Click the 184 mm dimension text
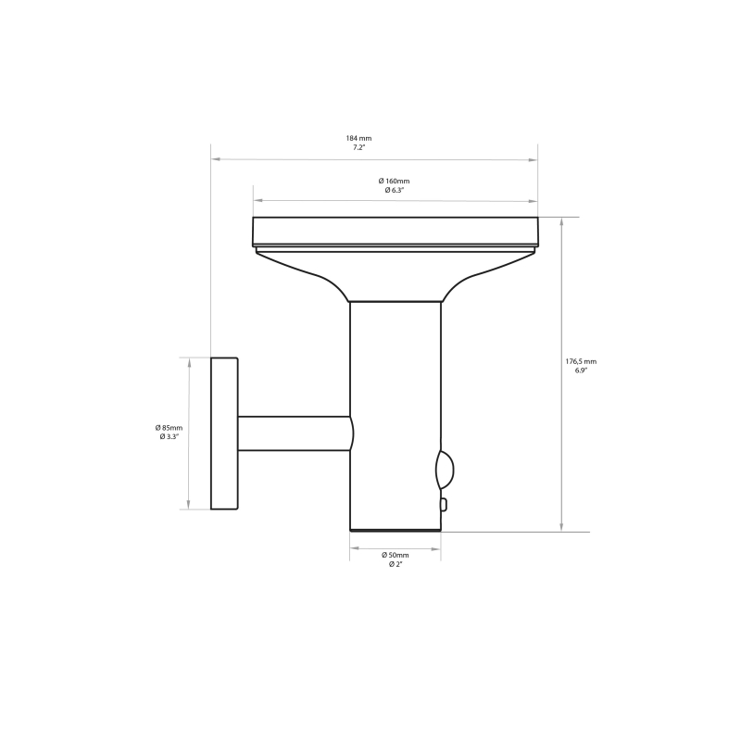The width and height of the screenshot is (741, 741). tap(358, 138)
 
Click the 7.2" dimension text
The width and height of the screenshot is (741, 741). tap(358, 147)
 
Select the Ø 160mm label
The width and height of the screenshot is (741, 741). tap(394, 181)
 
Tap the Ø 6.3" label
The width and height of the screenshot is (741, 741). tap(394, 190)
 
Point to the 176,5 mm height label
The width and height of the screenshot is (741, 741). tap(581, 361)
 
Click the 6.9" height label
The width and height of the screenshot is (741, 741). tap(581, 370)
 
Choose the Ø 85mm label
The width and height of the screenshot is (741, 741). tap(170, 427)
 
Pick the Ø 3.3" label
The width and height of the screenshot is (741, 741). tap(170, 436)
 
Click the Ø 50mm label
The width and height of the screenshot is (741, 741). tap(394, 554)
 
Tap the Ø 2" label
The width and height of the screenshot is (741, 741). tap(394, 563)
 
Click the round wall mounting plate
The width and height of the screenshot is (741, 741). tap(224, 433)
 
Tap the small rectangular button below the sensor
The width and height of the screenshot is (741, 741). tap(444, 504)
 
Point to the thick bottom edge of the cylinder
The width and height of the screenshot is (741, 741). tap(396, 530)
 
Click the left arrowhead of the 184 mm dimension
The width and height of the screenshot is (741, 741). tap(216, 159)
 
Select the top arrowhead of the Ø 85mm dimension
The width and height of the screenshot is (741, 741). tap(189, 362)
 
